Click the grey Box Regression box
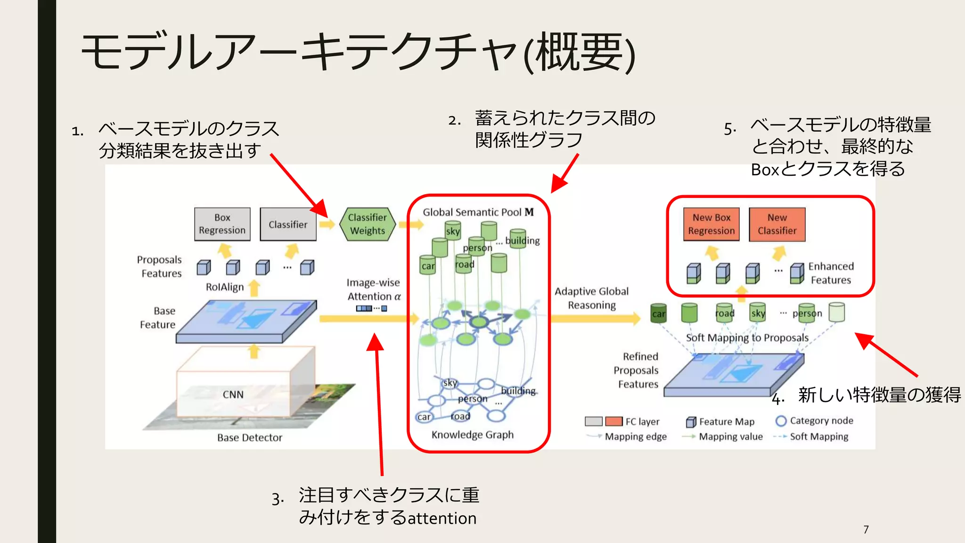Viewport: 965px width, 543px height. point(222,224)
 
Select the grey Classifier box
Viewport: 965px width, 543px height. point(288,224)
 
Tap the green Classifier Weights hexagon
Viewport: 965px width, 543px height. point(367,224)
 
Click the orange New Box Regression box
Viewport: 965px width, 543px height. point(711,224)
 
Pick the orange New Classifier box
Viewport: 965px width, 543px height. point(777,224)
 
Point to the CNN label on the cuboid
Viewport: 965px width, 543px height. point(233,395)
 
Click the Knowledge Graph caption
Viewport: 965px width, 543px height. point(472,435)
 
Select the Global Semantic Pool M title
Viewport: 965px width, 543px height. point(478,212)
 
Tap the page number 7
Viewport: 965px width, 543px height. point(866,529)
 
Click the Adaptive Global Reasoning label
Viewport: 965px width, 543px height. point(591,298)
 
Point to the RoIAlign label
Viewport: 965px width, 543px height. point(225,287)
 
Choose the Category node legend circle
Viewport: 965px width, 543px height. point(781,421)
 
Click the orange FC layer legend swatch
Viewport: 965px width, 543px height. point(613,421)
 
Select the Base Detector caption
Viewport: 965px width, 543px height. point(249,437)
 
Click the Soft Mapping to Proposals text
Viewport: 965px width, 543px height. point(747,337)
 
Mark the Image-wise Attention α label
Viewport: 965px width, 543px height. point(373,289)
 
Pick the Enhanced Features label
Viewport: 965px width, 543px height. point(830,273)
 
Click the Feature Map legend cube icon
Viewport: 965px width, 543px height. point(691,422)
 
